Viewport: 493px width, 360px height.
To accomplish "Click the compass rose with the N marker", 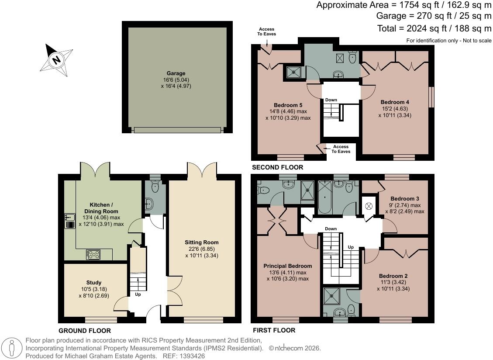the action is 56,60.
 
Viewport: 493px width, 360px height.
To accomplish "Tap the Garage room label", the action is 176,73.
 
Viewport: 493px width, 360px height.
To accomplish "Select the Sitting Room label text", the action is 202,242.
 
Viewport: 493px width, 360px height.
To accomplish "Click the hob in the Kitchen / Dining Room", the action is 93,254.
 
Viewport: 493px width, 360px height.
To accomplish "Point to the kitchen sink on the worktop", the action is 70,221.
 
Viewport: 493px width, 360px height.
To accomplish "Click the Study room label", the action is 94,283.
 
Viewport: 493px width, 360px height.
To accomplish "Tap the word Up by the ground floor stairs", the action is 138,294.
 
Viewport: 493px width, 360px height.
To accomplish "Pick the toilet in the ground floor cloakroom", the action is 155,186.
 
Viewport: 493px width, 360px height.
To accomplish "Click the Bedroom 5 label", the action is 288,105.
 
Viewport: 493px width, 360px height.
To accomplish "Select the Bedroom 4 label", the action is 395,102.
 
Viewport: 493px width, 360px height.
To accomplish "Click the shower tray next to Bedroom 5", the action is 294,72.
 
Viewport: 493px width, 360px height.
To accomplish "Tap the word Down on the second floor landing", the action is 331,100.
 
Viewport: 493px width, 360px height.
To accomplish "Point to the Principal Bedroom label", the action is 288,266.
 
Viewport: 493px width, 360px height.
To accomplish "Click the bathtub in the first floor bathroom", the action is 324,197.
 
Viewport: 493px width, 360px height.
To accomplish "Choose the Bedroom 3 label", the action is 405,198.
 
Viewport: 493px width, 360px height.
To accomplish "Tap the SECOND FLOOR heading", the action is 278,167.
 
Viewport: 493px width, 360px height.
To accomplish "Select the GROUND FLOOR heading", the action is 85,331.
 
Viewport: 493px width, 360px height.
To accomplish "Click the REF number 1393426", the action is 193,356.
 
